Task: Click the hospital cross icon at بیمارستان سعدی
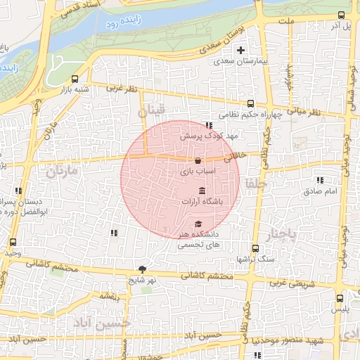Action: coord(241,50)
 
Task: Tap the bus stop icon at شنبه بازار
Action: coord(75,79)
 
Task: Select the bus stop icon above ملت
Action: coord(341,15)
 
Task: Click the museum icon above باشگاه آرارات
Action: coord(202,191)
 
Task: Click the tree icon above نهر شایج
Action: coord(143,269)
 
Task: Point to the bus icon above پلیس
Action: coord(341,298)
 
